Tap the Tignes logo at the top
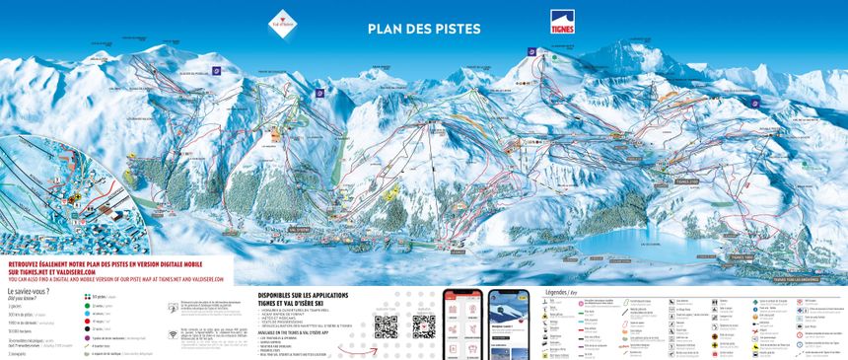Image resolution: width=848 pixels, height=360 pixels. tap(564, 21)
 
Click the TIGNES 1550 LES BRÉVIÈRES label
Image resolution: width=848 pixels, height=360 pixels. tap(797, 279)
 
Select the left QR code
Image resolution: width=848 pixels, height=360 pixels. tap(386, 325)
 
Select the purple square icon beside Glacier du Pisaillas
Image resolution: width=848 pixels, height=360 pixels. tap(230, 70)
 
